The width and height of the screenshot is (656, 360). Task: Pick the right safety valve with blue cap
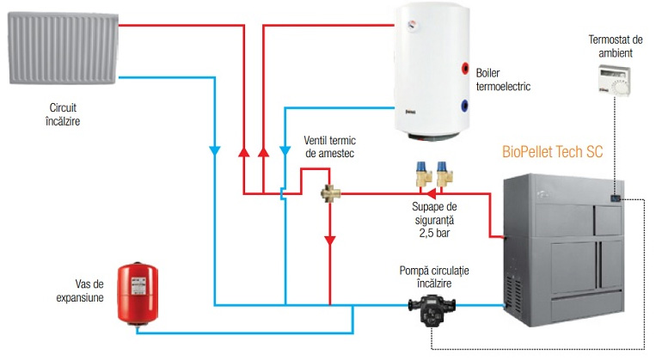pyautogui.click(x=444, y=174)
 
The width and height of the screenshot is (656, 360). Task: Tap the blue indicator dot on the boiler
pyautogui.click(x=464, y=107)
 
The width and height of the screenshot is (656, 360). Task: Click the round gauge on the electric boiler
pyautogui.click(x=412, y=26)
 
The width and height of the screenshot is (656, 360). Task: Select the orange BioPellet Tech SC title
pyautogui.click(x=553, y=152)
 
